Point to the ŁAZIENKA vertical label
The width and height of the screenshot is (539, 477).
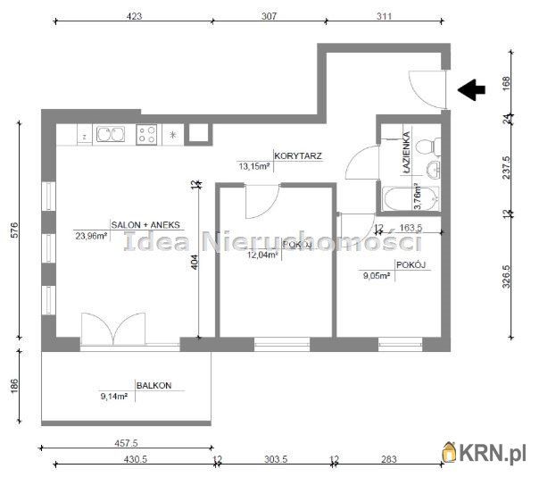[x=407, y=152]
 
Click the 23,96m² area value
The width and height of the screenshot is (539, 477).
[x=91, y=236]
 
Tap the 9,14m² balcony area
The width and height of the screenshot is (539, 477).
[x=114, y=397]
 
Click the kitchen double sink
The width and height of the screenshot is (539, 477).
[x=112, y=136]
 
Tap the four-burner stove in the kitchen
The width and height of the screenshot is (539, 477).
[x=147, y=136]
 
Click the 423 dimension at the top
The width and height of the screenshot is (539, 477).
[x=132, y=15]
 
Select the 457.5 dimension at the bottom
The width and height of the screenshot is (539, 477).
[x=125, y=441]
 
